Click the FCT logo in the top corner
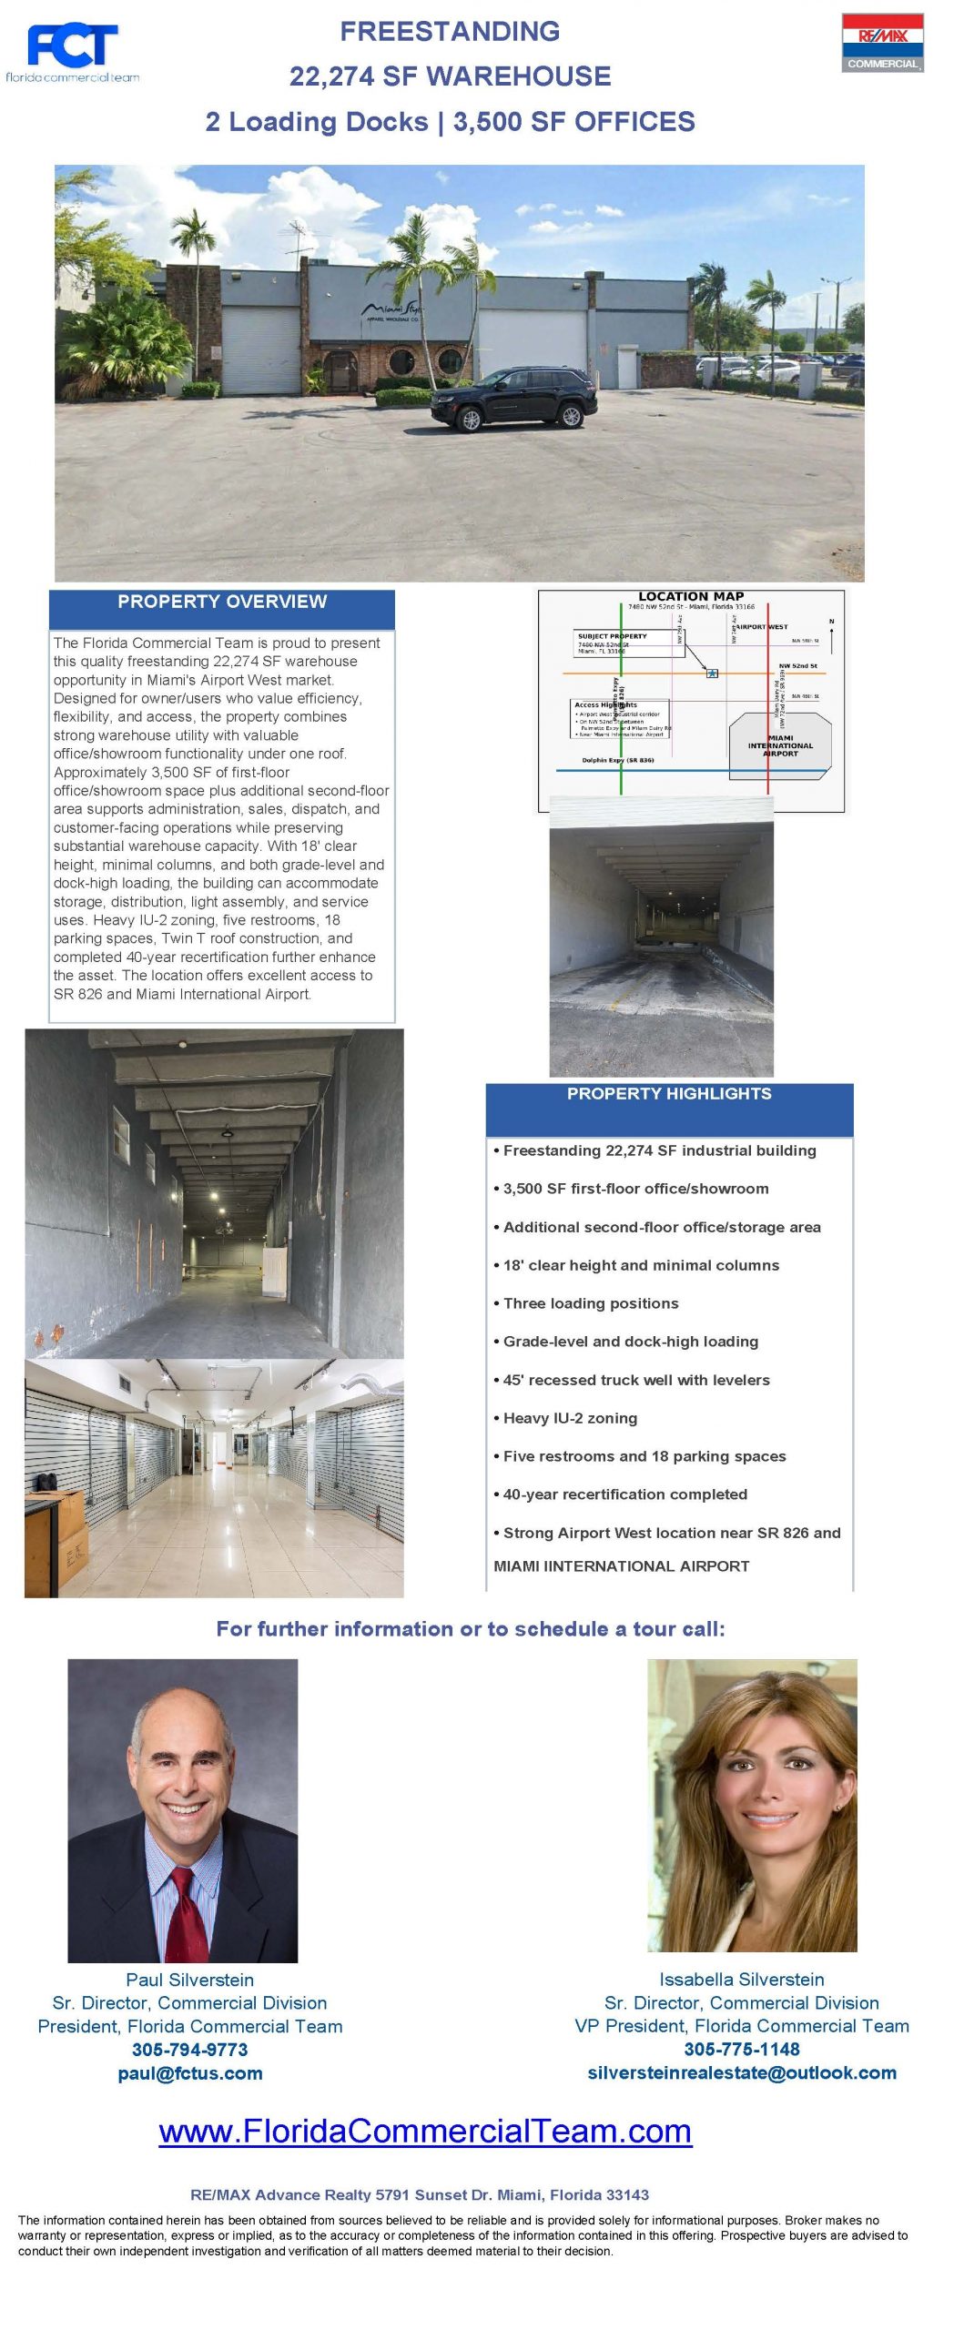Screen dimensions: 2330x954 point(72,51)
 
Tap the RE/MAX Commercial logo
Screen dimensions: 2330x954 point(881,43)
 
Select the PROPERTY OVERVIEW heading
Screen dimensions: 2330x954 point(221,602)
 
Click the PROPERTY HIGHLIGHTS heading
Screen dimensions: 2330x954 point(668,1094)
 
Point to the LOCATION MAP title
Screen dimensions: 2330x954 point(691,596)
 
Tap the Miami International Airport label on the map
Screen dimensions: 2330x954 point(780,745)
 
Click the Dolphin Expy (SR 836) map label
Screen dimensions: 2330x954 point(617,760)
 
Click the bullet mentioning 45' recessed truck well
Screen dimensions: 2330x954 point(635,1380)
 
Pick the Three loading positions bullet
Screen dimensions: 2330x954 point(590,1303)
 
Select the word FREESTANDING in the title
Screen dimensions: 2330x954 point(450,32)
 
